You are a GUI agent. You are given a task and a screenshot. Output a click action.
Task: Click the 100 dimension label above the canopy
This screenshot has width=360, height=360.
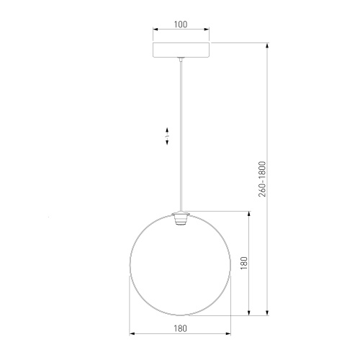click(x=180, y=24)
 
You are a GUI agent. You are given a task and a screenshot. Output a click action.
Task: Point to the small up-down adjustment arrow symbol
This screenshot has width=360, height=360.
click(x=167, y=137)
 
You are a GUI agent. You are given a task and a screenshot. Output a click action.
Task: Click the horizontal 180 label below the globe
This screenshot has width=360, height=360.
click(x=180, y=328)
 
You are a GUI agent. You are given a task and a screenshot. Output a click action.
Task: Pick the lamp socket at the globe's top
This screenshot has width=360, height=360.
click(x=180, y=218)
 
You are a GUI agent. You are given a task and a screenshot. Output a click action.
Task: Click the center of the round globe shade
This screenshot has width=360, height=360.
click(x=180, y=264)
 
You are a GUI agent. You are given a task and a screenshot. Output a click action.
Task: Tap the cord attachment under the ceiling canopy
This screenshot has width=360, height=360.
click(x=180, y=62)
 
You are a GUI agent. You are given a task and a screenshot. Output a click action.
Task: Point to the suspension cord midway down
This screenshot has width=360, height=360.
click(x=180, y=137)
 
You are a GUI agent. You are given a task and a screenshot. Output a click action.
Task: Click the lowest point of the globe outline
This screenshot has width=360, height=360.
click(x=180, y=315)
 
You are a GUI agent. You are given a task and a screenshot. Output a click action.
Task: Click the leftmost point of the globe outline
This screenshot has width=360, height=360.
click(x=130, y=264)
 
